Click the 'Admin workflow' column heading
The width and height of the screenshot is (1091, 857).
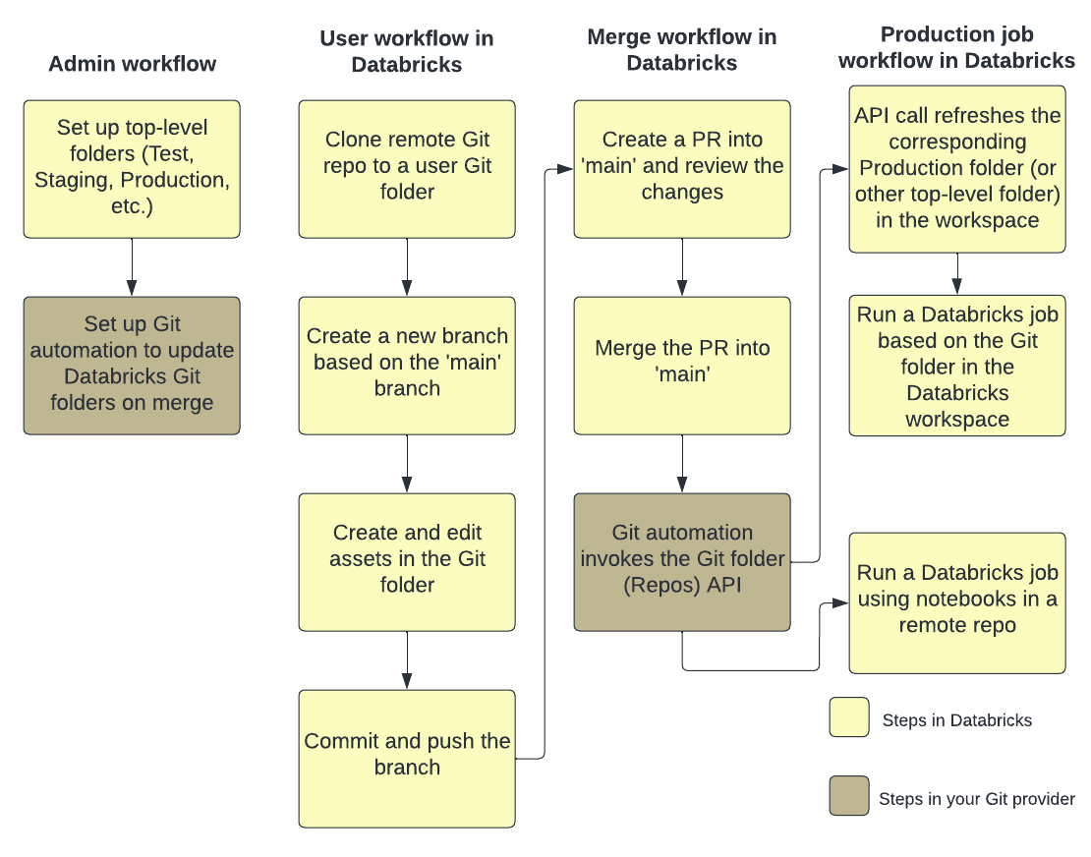click(132, 65)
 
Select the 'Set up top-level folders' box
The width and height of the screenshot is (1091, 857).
click(132, 168)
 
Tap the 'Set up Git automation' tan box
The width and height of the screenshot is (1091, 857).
click(132, 365)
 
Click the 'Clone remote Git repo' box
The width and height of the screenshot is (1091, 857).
click(407, 168)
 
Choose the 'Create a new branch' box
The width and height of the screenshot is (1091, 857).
click(407, 365)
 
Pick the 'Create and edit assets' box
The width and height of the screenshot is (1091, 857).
click(407, 561)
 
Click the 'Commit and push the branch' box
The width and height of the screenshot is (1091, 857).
click(407, 758)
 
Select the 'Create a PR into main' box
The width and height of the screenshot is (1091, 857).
click(682, 168)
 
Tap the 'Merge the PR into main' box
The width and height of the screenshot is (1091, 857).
click(682, 365)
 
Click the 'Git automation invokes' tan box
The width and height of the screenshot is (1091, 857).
click(682, 561)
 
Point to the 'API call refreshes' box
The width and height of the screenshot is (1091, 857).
click(957, 168)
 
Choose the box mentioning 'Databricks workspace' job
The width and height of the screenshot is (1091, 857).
click(957, 366)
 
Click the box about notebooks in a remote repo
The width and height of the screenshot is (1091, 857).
click(957, 601)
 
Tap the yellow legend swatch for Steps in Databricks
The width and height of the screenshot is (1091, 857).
click(849, 716)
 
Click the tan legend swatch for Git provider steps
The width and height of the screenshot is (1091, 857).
click(849, 796)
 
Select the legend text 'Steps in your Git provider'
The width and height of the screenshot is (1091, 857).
click(977, 799)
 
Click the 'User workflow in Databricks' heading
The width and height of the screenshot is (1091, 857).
click(407, 52)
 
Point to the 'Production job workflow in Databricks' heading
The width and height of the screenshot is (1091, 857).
click(957, 48)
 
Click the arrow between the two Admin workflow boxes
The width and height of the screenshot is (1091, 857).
click(132, 266)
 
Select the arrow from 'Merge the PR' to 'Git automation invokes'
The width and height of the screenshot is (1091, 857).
click(682, 463)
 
